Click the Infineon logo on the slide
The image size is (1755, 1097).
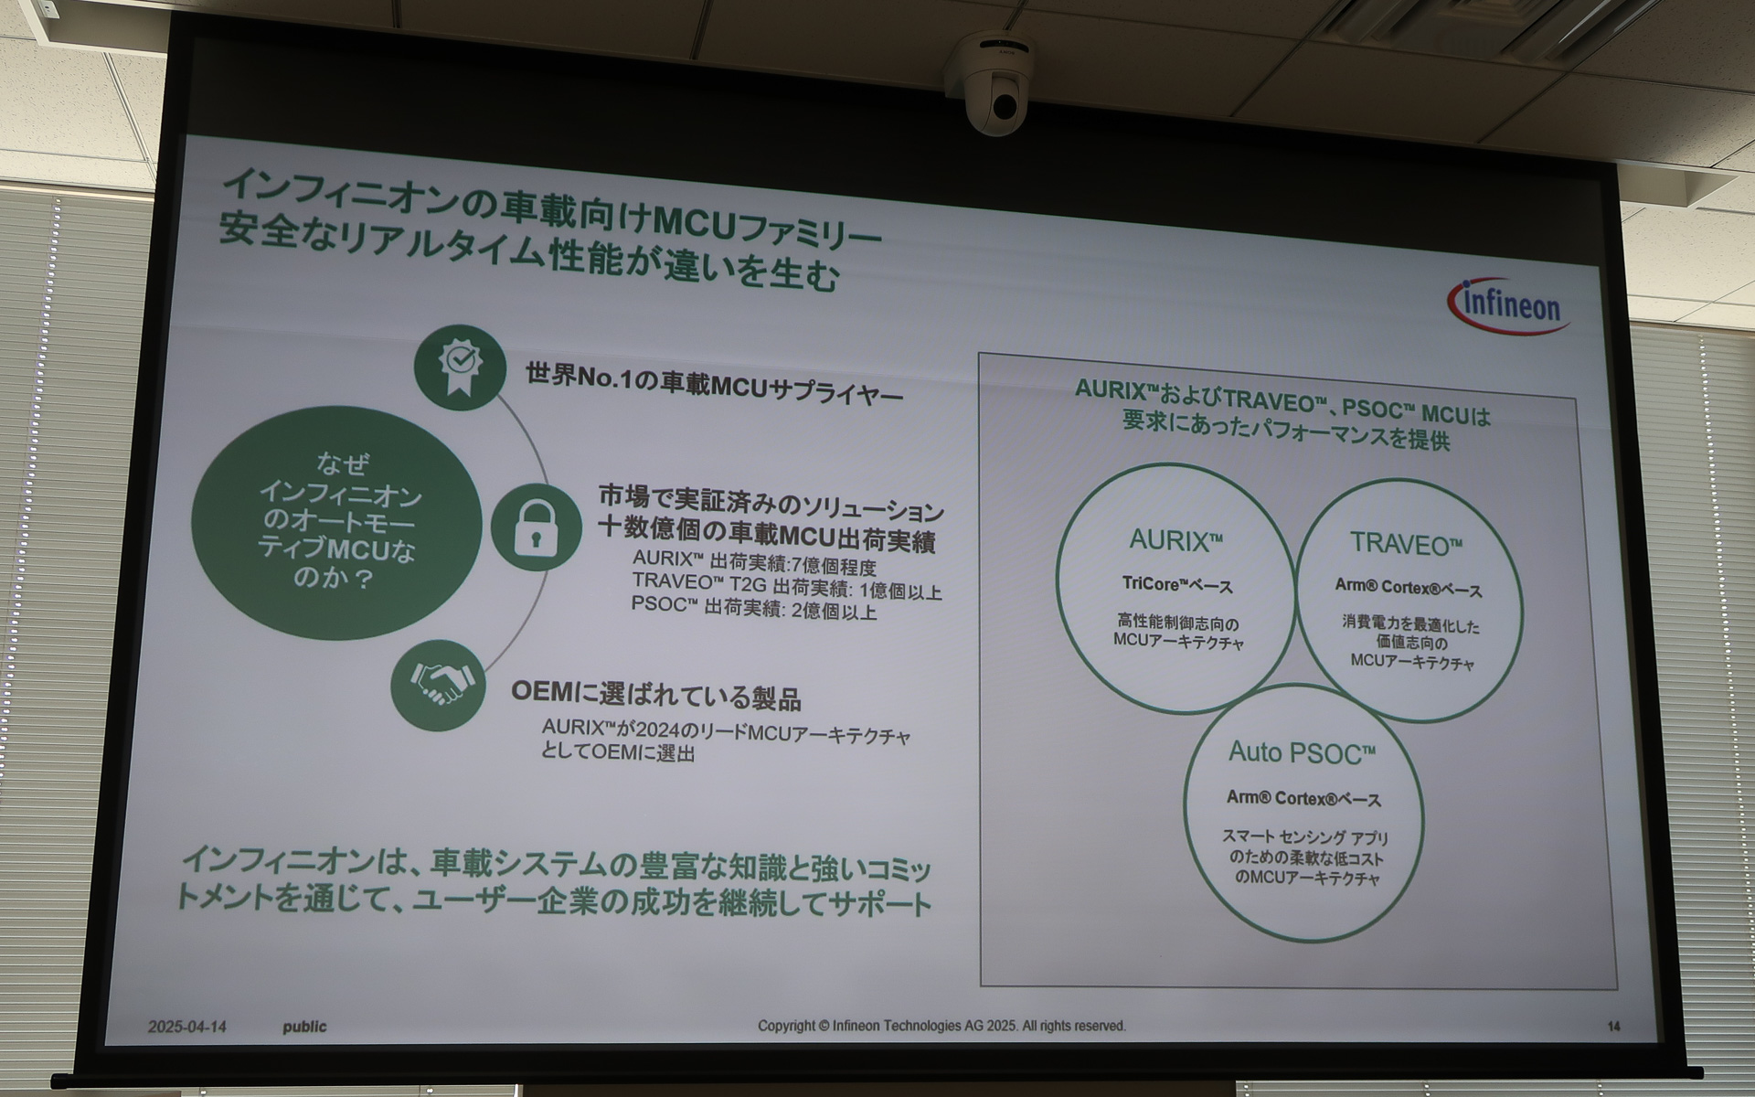1508,306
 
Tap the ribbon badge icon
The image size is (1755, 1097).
460,367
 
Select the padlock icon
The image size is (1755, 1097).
536,528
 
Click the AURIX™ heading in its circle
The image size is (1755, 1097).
1175,540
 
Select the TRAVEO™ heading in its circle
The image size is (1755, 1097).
1406,545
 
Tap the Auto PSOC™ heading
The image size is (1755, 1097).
1301,753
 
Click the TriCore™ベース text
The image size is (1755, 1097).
1177,585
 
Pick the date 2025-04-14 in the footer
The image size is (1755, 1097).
187,1027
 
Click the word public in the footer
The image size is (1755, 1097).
304,1027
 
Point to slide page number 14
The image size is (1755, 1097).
1613,1027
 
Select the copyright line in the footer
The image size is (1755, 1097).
941,1026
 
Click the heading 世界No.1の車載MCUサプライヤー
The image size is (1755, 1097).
714,384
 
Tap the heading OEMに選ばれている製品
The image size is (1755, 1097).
655,697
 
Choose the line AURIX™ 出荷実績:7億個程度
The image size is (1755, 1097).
754,564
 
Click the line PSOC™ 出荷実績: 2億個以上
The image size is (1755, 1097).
753,609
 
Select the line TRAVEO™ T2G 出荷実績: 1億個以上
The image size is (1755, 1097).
786,587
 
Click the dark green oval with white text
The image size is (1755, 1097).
336,523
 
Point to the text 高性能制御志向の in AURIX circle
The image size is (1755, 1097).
1177,623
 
